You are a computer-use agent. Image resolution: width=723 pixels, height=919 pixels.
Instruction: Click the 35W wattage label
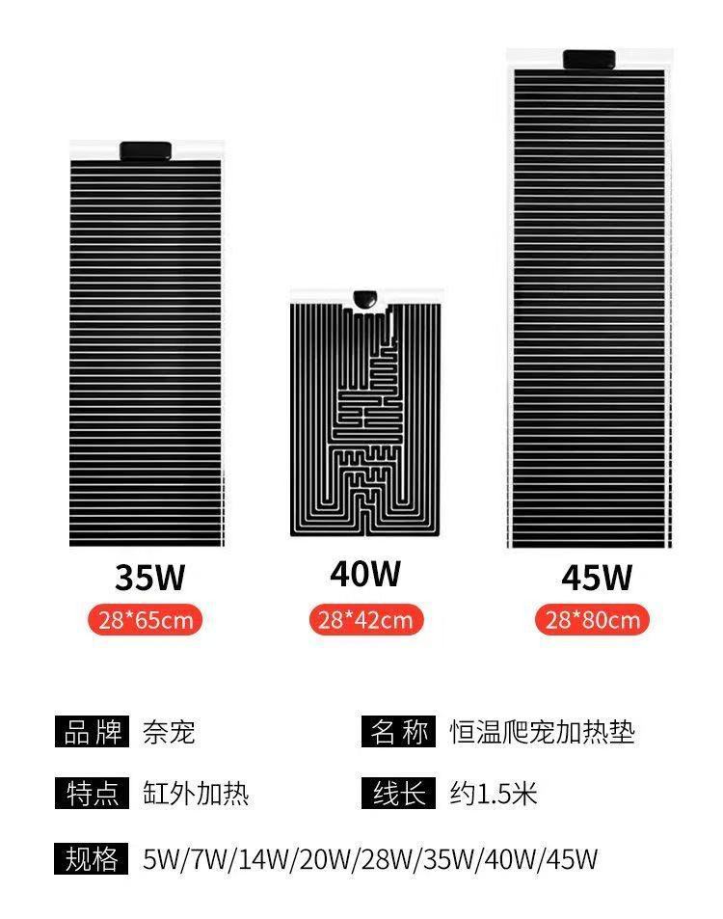(149, 577)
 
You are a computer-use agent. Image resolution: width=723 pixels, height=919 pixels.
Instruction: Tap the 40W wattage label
(365, 574)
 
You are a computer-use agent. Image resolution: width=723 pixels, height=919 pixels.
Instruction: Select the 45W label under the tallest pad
(597, 578)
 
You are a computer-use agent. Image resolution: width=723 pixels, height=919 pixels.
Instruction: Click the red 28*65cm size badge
(146, 619)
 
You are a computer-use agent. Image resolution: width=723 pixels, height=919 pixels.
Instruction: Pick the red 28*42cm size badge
(365, 619)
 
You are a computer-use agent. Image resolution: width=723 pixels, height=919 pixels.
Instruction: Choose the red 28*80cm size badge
(593, 619)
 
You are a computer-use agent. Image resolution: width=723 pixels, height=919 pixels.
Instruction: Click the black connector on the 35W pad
(146, 151)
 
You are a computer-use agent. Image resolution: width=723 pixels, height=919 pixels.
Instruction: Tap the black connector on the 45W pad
(590, 60)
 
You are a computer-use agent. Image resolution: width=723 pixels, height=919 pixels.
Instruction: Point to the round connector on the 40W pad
(366, 300)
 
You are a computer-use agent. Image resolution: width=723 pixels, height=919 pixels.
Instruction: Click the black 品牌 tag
(92, 732)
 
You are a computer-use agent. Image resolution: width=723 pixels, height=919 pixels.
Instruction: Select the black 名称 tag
(399, 732)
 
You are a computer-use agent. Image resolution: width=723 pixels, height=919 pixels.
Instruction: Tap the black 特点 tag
(92, 794)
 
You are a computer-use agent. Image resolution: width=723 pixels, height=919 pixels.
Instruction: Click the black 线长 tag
(399, 794)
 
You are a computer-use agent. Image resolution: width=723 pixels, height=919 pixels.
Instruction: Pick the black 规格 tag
(92, 857)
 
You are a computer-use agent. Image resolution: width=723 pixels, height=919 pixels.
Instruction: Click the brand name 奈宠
(169, 732)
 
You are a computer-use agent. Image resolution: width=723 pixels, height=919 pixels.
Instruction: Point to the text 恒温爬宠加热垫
(543, 732)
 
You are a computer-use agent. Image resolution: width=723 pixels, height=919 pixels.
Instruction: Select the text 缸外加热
(196, 794)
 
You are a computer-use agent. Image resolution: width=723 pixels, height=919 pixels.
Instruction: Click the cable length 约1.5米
(494, 794)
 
